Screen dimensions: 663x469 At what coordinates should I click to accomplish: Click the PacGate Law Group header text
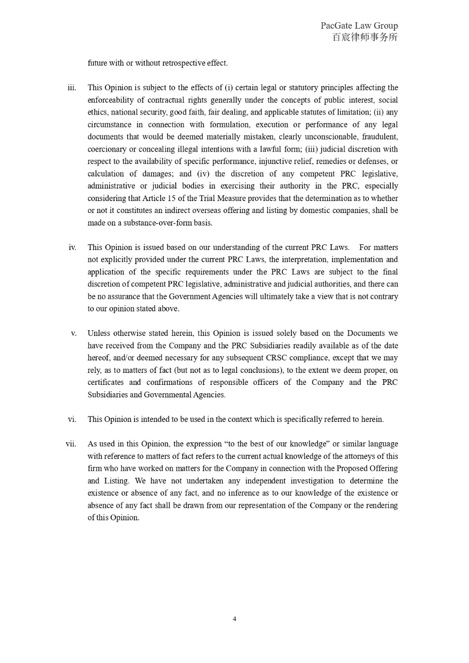pos(359,26)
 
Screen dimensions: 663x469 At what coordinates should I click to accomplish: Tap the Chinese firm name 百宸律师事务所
pos(365,37)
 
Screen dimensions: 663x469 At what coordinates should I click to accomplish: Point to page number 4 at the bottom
pos(234,619)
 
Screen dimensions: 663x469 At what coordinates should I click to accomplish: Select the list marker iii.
pos(72,87)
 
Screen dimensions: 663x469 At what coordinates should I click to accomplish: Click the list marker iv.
pos(72,247)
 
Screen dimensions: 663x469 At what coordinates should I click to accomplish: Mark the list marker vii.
pos(71,444)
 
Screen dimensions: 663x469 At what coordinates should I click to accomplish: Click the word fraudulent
pos(379,136)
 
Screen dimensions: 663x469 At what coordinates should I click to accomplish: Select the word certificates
pos(106,382)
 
